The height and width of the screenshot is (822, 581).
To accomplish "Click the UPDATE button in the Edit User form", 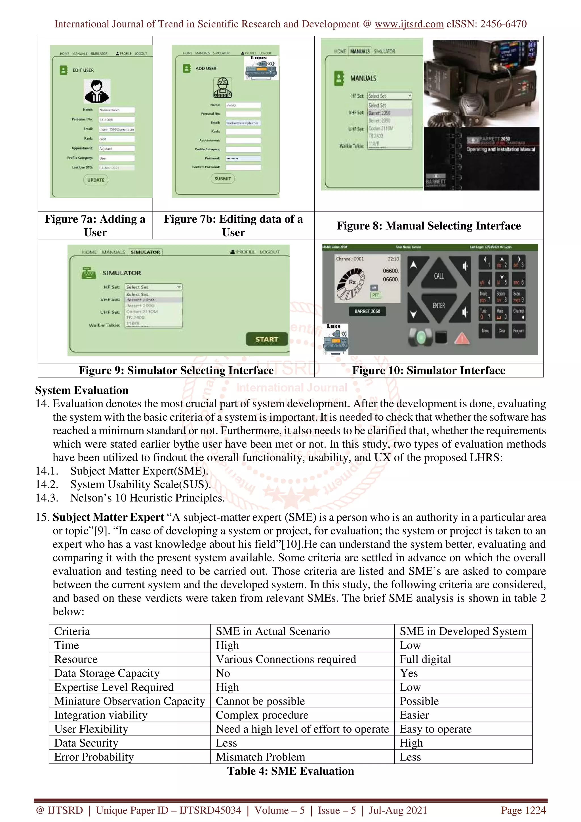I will click(96, 180).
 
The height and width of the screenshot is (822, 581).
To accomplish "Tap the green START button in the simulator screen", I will click(267, 339).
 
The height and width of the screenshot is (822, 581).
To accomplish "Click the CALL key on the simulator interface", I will click(439, 276).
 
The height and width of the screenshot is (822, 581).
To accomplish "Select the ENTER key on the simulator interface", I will click(439, 305).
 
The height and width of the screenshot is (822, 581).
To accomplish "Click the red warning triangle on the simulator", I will click(462, 338).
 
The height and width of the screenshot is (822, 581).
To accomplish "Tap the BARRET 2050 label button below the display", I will click(367, 311).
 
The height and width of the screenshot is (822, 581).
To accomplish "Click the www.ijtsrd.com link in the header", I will click(409, 24).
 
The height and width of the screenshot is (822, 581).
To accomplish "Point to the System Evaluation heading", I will click(82, 390).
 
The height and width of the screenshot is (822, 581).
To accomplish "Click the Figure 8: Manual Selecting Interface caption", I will click(428, 225).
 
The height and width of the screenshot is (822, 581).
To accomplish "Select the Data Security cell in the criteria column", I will click(86, 743).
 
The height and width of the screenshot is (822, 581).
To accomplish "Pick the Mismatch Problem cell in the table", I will click(260, 756).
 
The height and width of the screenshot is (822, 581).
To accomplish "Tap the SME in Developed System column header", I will click(463, 631).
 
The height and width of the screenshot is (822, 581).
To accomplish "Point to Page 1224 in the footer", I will click(523, 810).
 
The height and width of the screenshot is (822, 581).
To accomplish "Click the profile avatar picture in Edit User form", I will click(97, 91).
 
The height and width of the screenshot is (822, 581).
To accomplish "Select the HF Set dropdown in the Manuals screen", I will click(390, 96).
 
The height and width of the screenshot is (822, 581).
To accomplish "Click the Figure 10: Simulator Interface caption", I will click(428, 370).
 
